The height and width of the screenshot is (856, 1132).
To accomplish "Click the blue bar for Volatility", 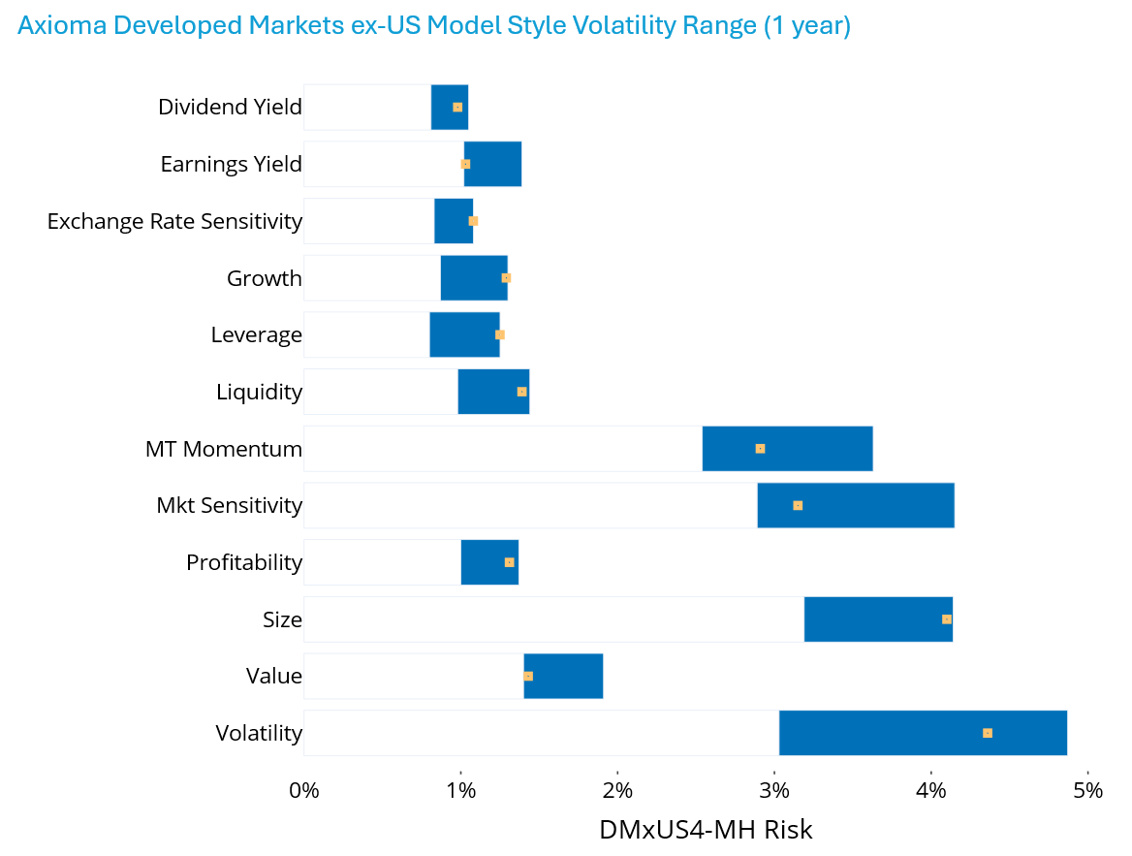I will (x=923, y=733).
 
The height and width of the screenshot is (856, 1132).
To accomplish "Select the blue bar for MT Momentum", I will (x=787, y=449).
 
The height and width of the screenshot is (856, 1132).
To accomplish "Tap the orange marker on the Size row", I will (x=947, y=619).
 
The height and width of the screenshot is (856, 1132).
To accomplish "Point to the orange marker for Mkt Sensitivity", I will (x=798, y=506).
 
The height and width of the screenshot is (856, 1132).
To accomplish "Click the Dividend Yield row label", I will (x=230, y=107).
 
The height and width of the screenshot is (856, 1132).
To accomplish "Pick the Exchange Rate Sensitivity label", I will (x=174, y=221).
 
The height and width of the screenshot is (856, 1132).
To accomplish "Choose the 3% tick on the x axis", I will (x=773, y=790).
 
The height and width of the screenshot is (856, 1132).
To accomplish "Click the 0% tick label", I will (x=303, y=790).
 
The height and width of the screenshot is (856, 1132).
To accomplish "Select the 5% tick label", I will (x=1088, y=790).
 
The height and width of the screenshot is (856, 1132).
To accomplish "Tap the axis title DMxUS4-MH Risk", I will (x=706, y=831).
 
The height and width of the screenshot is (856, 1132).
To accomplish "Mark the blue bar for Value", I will (x=563, y=677).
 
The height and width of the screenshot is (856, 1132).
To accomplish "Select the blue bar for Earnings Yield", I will (x=493, y=164).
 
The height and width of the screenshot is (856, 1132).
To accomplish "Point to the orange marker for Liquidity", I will (x=522, y=392).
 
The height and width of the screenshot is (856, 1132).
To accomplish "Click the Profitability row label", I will (x=244, y=562).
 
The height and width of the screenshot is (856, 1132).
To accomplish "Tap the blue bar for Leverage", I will (x=464, y=335).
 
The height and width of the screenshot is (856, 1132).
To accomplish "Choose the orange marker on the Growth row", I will (x=506, y=278).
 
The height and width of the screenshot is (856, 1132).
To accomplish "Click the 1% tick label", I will (x=460, y=790).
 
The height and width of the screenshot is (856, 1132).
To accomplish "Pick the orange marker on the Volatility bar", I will (x=988, y=733).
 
